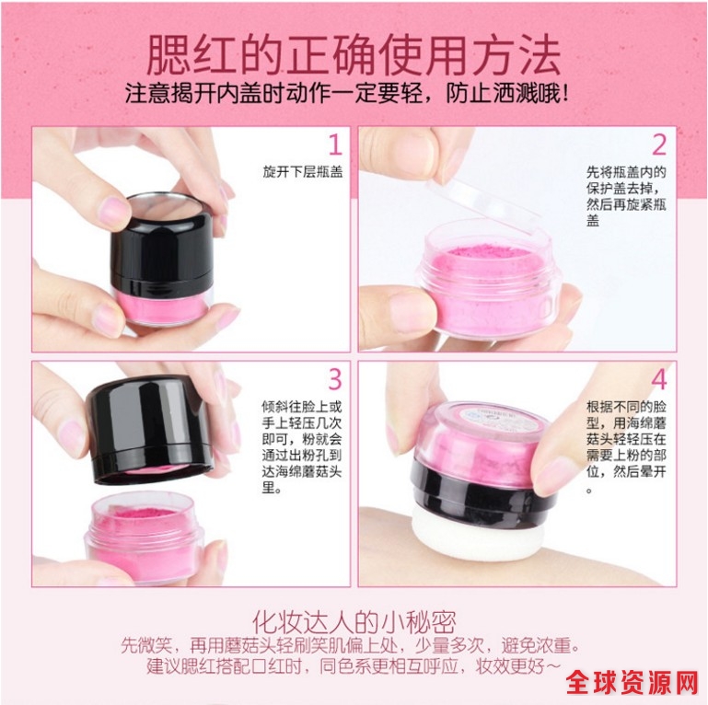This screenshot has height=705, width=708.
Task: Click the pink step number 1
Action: [335, 144]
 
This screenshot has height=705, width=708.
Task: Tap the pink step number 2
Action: [659, 144]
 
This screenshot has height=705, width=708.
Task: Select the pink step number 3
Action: [335, 378]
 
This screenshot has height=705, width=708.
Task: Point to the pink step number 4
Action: [659, 378]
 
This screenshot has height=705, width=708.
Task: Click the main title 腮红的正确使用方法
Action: [354, 55]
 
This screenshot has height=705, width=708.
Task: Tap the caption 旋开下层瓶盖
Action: [303, 172]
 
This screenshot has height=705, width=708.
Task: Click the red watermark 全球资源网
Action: [633, 682]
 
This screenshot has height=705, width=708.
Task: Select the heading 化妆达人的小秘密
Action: [354, 622]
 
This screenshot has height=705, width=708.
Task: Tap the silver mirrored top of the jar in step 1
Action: [168, 204]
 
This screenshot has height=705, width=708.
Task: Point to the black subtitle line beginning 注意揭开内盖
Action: [346, 94]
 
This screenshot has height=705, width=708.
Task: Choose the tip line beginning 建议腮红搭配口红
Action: [354, 666]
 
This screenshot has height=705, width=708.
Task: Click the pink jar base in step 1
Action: [163, 306]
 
